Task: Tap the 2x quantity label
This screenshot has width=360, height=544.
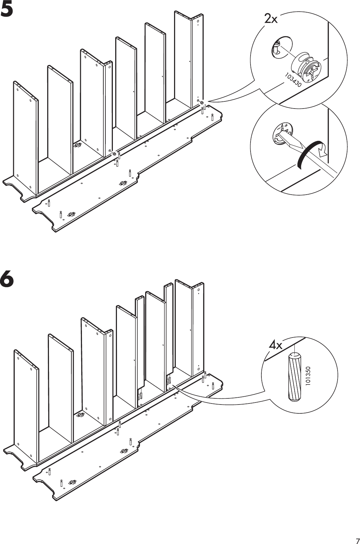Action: [x=271, y=19]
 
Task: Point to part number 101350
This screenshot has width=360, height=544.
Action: [x=308, y=376]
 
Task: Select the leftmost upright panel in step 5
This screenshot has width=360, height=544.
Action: [x=25, y=136]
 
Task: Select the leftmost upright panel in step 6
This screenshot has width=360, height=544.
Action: [x=25, y=405]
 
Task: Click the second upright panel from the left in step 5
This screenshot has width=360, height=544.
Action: [x=59, y=119]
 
